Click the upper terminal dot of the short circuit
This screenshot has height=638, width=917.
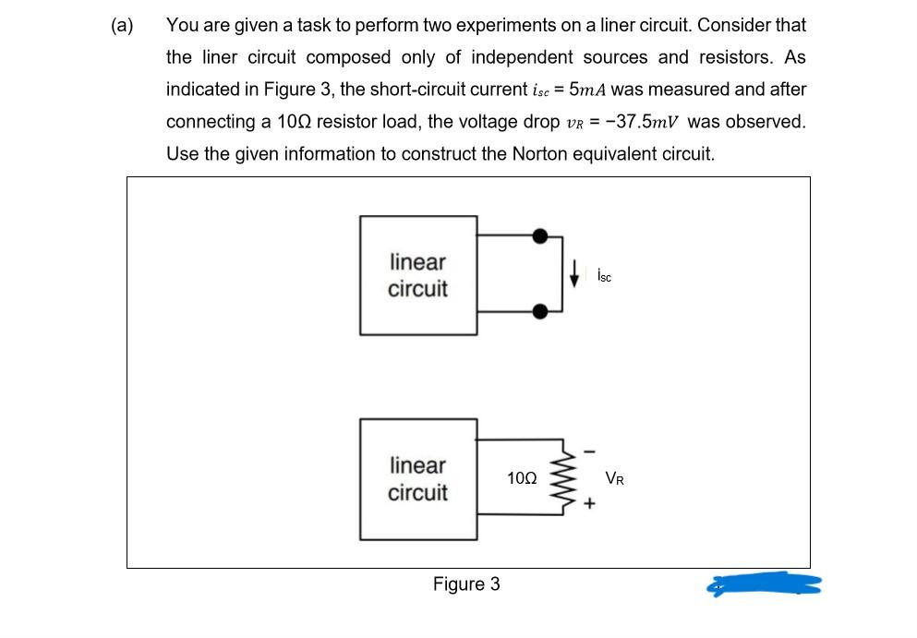(540, 236)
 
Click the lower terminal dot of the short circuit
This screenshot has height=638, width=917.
(540, 312)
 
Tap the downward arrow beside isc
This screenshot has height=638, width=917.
(575, 273)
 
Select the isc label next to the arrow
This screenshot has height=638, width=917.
(604, 275)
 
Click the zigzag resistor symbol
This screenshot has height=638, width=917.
(562, 476)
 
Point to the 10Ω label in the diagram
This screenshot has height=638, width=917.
(522, 478)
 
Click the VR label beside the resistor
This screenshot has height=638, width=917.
(615, 478)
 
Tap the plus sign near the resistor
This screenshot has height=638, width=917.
(589, 503)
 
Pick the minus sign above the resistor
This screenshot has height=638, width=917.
(589, 451)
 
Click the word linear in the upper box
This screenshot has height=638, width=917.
(417, 262)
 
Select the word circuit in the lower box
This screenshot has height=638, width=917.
(417, 492)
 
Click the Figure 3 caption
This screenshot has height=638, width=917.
(466, 584)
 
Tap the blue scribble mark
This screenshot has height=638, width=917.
(764, 584)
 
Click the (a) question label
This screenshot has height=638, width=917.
(122, 25)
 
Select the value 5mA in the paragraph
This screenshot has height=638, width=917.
(587, 90)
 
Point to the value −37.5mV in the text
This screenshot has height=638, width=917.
(642, 122)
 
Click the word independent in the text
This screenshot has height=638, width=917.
(523, 57)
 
